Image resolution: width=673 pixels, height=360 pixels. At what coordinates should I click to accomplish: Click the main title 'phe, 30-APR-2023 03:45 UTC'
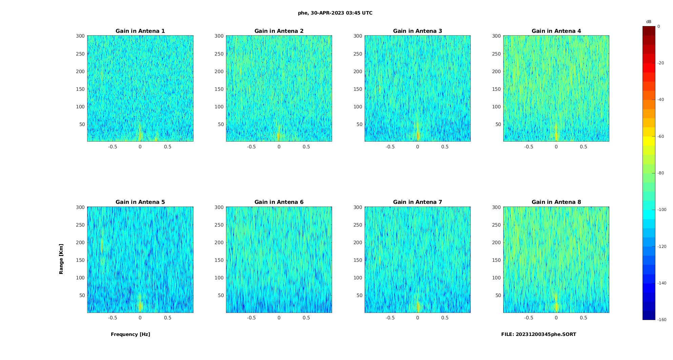point(335,13)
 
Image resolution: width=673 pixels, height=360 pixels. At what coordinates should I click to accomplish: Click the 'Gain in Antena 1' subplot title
point(140,31)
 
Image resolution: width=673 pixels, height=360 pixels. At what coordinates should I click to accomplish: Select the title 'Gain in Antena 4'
point(556,31)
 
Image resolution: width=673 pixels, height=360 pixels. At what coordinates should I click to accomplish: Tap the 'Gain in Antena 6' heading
point(279,202)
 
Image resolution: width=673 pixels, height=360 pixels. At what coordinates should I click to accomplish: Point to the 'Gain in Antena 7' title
point(417,202)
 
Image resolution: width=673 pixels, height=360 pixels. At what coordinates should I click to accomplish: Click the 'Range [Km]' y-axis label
point(61,259)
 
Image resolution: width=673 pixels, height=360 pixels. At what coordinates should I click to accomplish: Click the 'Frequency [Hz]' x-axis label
point(130,335)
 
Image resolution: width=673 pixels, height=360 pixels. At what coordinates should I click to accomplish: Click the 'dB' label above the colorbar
point(649,22)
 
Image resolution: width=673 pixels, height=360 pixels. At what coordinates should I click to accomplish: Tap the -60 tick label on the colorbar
point(661,136)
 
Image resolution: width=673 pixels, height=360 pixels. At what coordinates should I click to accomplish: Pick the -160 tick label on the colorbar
point(662,320)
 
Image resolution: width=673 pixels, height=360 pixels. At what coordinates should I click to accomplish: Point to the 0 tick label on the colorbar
point(659,26)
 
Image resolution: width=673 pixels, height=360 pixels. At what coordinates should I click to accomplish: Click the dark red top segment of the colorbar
point(649,31)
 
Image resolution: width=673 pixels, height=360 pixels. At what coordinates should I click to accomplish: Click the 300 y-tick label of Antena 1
point(80,36)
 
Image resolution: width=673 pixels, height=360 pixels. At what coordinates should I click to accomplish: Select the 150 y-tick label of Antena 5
point(80,260)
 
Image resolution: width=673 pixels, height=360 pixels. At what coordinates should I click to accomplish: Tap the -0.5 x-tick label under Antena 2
point(251,147)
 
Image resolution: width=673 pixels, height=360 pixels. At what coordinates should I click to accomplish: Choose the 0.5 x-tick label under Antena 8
point(584,318)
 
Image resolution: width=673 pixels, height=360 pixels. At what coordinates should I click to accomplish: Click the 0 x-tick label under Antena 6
point(279,318)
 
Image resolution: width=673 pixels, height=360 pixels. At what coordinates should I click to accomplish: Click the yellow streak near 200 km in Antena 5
point(102,246)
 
